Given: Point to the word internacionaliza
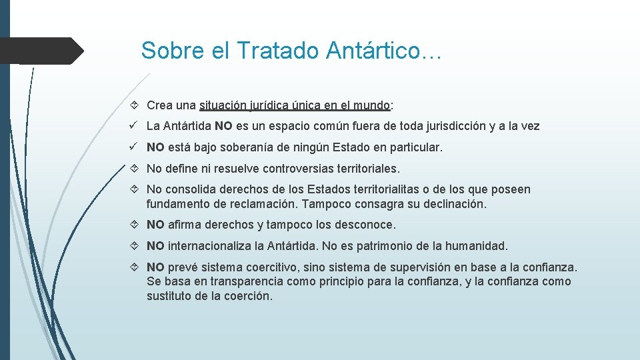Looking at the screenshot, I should pos(210,246).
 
